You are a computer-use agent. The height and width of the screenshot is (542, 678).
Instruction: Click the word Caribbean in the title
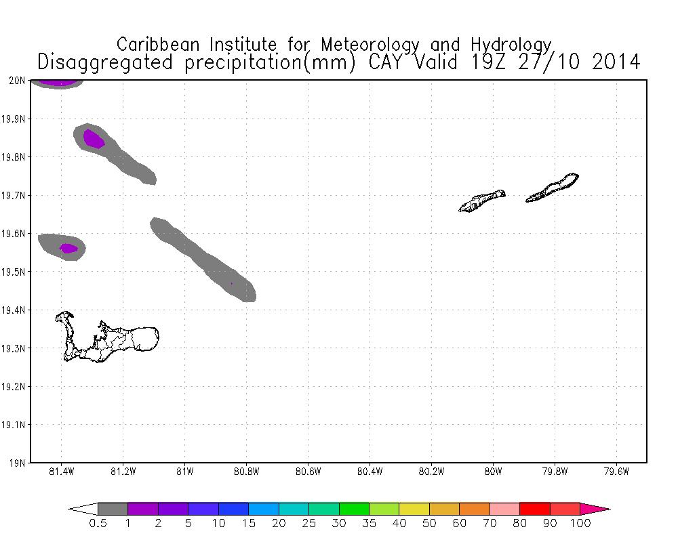(161, 45)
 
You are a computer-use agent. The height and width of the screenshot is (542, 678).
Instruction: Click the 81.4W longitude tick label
(61, 472)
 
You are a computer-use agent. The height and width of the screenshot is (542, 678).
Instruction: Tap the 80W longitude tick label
(493, 472)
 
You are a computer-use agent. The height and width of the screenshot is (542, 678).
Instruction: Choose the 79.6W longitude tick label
(616, 472)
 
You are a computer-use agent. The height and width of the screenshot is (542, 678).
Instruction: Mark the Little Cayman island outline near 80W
(483, 201)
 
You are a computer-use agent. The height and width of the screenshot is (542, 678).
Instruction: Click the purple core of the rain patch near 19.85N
(94, 139)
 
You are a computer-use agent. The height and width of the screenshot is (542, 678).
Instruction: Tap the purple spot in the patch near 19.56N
(68, 249)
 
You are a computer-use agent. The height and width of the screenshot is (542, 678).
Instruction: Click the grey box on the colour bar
(113, 509)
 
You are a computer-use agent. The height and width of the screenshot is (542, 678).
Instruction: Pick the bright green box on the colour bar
(354, 509)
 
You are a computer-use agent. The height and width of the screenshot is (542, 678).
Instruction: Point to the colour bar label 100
(580, 524)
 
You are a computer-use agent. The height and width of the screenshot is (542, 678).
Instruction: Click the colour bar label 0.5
(98, 524)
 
